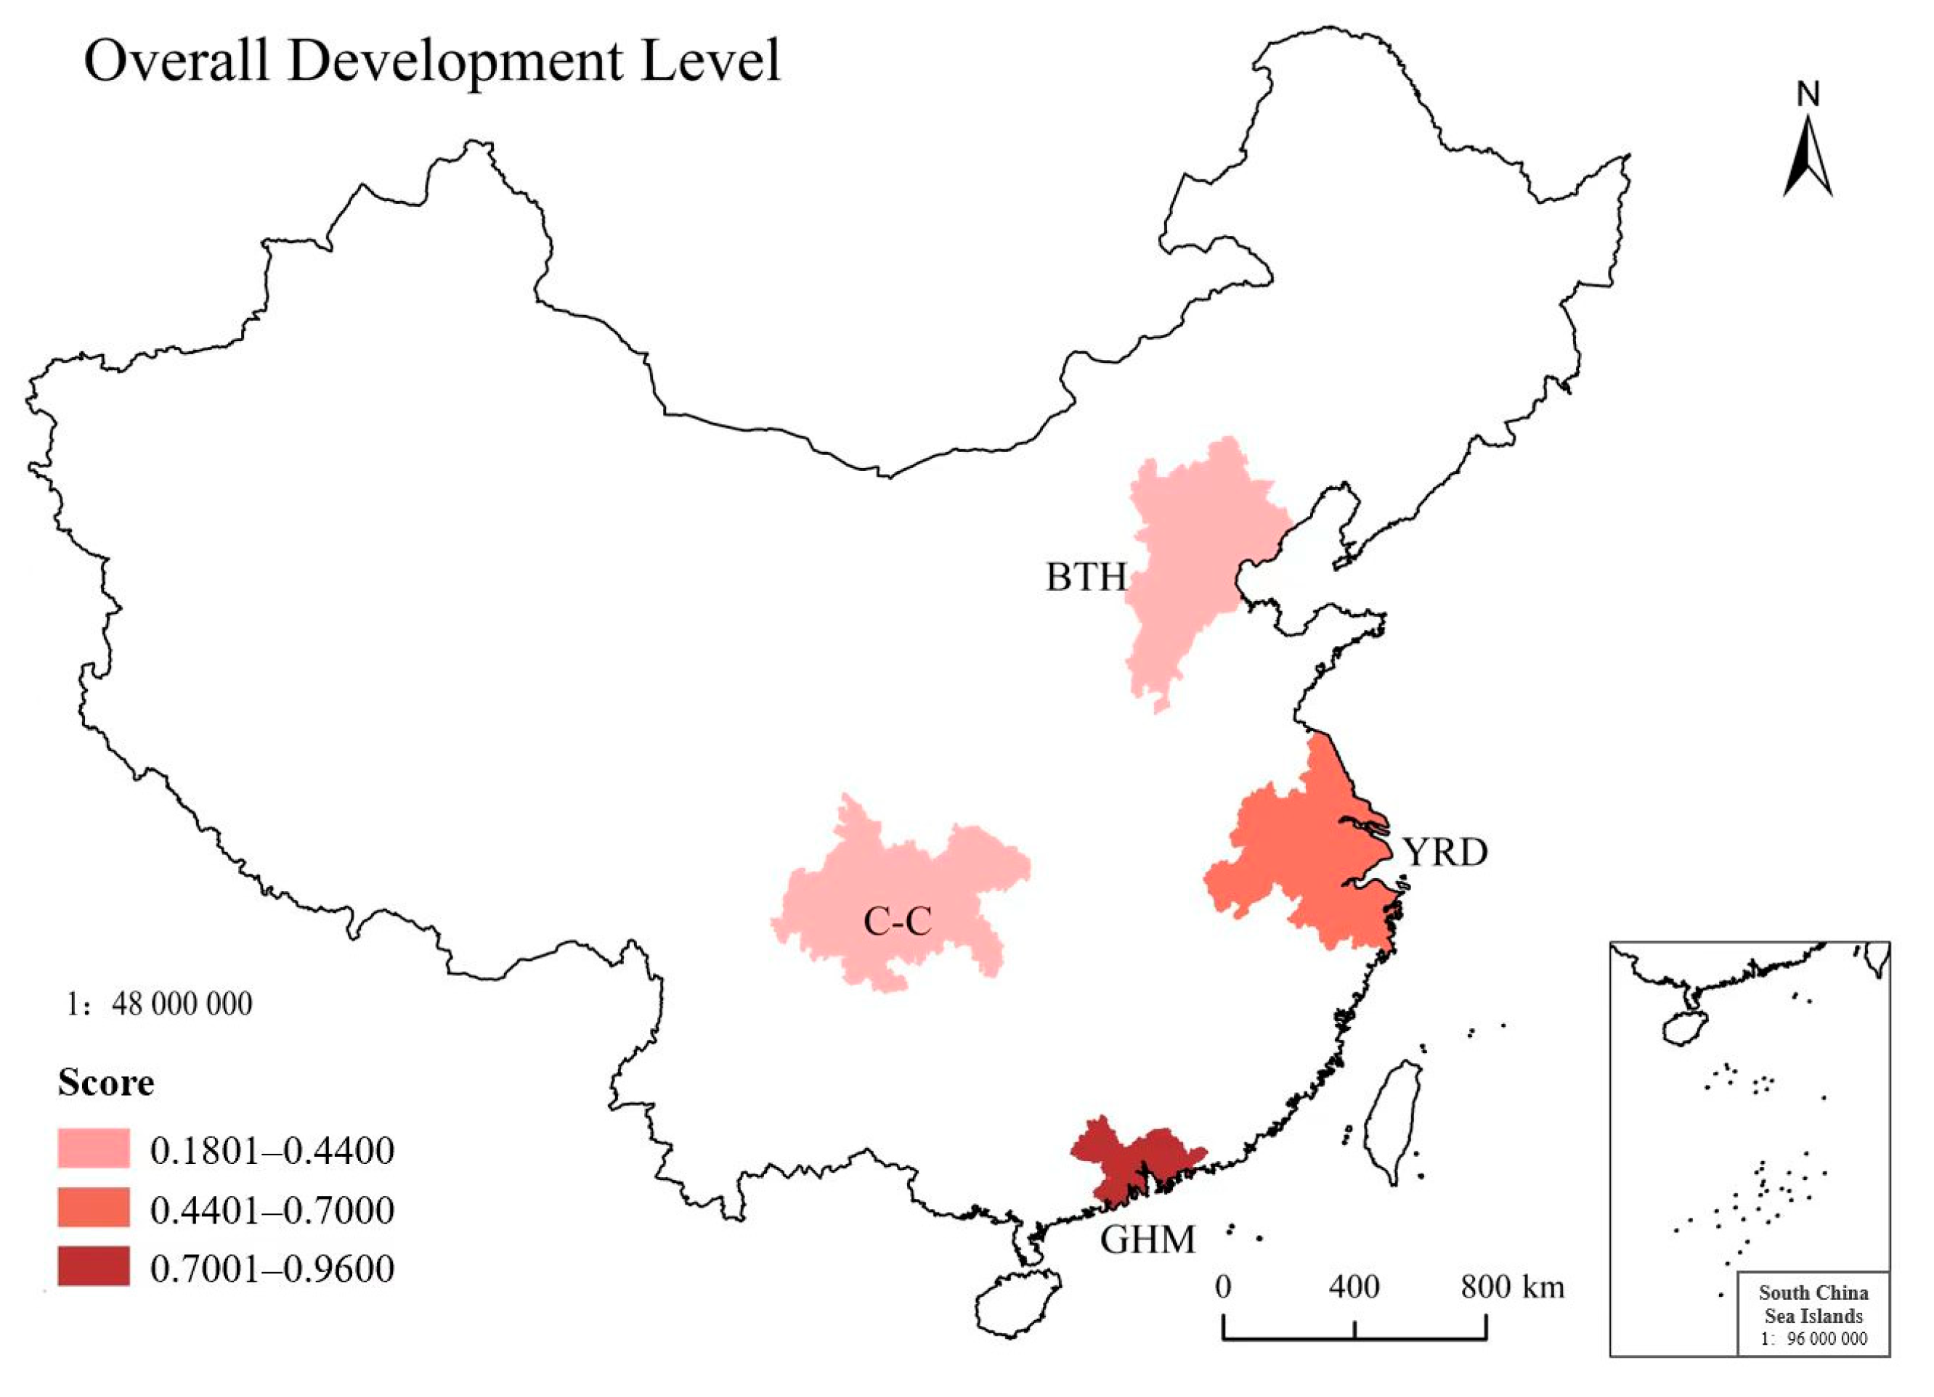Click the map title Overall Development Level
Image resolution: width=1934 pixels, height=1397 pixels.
coord(431,62)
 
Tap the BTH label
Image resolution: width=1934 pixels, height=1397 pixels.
coord(1086,578)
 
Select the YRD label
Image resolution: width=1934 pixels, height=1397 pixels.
coord(1446,851)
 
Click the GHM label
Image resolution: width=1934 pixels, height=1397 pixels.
coord(1147,1240)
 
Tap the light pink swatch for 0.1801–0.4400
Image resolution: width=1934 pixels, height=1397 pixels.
coord(94,1148)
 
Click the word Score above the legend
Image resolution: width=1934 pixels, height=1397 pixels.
coord(106,1083)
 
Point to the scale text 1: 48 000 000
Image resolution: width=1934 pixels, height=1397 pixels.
coord(160,1004)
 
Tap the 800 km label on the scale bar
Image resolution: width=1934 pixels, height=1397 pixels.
coord(1513,1286)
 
